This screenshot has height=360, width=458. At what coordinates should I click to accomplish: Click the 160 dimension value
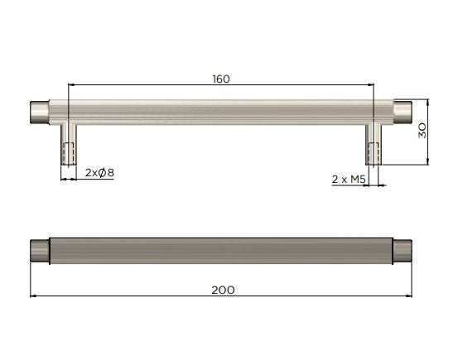pos(220,79)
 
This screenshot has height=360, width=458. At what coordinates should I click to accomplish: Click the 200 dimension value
pos(222,290)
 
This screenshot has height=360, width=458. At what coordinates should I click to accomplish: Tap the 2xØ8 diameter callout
pos(99,173)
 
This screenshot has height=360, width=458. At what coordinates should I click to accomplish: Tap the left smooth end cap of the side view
pos(39,111)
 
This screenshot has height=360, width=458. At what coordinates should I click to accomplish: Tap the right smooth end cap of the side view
pos(403,111)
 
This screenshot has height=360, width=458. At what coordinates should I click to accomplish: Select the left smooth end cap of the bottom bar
pos(39,251)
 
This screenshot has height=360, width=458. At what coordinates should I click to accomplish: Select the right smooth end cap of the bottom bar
pos(403,251)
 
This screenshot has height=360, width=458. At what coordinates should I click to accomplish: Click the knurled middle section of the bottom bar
pos(220,251)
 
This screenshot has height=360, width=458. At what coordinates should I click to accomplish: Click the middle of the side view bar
pos(220,111)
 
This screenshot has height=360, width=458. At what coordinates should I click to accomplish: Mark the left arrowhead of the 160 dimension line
pos(71,84)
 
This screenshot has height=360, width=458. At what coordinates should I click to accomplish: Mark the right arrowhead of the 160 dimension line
pos(370,84)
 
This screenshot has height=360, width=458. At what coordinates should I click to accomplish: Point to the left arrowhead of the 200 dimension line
pos(34,296)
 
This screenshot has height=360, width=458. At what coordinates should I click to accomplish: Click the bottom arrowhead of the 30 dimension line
pos(428,162)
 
